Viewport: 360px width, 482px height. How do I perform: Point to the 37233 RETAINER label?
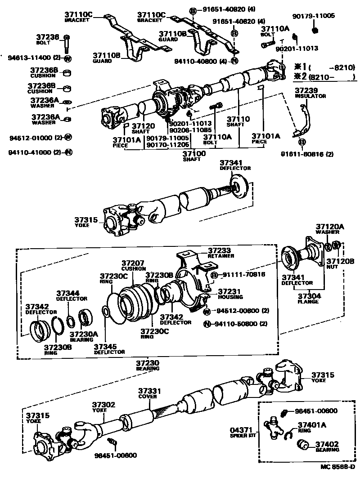coord(220,253)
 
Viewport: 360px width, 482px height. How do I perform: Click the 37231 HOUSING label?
coord(230,294)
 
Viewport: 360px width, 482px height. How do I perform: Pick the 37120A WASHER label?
coord(329,229)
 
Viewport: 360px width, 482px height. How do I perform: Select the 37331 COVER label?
coord(149,393)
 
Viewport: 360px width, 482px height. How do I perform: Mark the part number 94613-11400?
coord(28,58)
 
